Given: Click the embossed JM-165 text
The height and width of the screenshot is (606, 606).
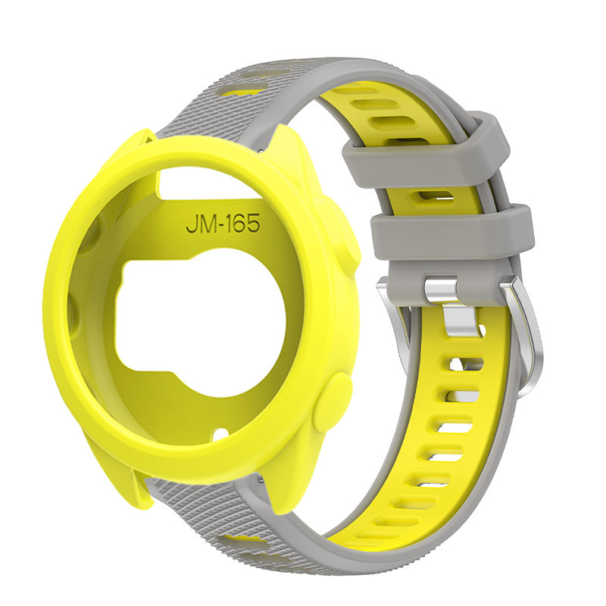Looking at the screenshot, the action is tap(223, 223).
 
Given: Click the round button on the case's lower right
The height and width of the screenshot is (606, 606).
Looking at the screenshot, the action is tap(333, 402).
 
